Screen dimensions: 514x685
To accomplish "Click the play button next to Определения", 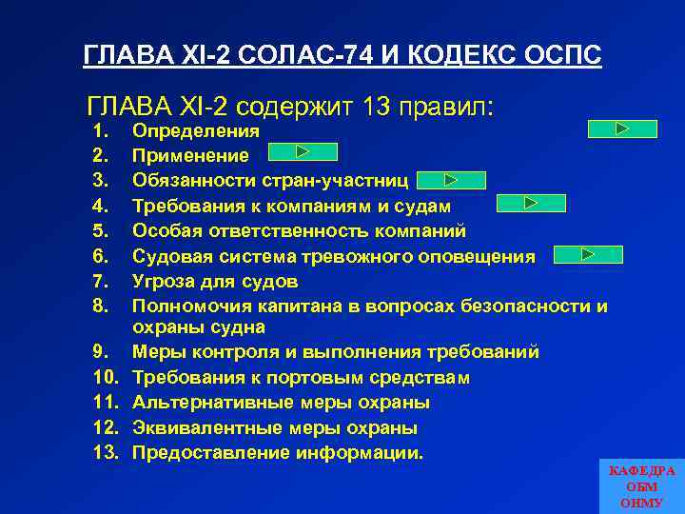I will coord(622,128).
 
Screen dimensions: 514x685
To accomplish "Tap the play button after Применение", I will coord(303,151).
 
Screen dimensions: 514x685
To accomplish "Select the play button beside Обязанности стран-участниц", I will coord(451,179).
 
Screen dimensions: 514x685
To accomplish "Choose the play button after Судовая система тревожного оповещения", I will coord(587,254).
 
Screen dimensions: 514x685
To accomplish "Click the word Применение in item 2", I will coord(190,155).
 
